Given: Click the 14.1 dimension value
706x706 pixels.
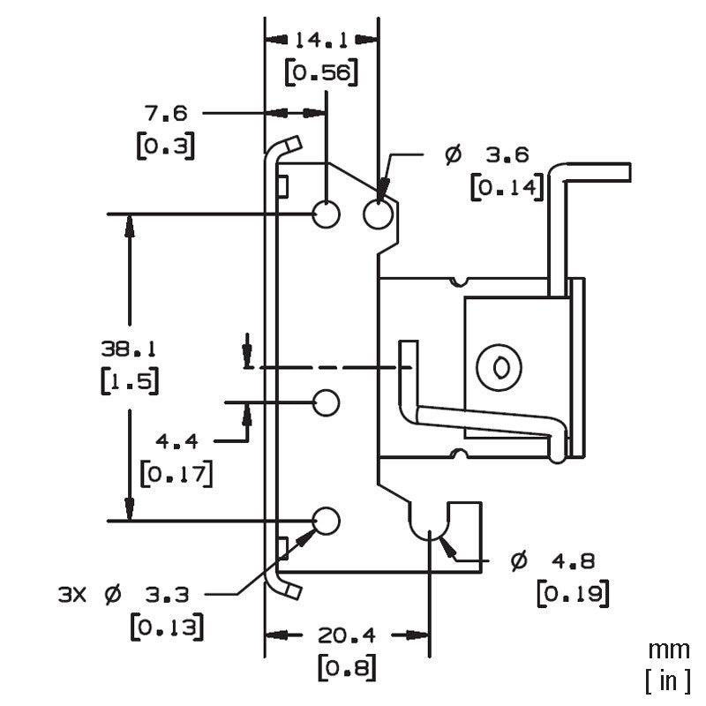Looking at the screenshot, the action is [x=321, y=41].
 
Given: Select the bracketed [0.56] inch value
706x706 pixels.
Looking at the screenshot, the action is [x=322, y=71].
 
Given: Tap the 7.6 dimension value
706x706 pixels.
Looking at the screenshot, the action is [x=165, y=113].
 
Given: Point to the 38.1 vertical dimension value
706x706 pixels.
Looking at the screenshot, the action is [x=129, y=349].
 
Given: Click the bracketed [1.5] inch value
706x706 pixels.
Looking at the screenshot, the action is [x=130, y=381].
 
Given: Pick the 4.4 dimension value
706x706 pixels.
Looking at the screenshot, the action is [x=177, y=441].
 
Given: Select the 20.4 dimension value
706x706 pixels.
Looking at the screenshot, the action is [x=346, y=635].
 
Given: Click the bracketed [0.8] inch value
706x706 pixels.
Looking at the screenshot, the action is [x=347, y=667].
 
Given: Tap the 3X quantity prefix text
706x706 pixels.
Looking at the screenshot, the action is [x=72, y=595].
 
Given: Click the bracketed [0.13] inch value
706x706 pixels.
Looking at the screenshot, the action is [x=167, y=627].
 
